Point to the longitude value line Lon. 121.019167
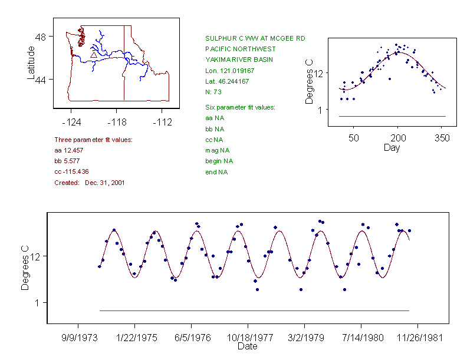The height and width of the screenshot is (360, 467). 230,70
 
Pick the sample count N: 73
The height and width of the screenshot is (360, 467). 213,91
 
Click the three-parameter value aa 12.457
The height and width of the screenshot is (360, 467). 67,150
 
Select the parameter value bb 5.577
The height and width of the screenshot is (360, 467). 65,161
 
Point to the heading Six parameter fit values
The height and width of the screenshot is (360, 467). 240,107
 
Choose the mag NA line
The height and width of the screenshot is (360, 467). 215,150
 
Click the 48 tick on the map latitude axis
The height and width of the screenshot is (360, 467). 41,37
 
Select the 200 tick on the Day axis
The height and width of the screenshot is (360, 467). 398,138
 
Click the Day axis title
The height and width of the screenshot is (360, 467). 392,147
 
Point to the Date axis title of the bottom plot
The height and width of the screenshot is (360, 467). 247,346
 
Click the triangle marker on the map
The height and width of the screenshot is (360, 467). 93,54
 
